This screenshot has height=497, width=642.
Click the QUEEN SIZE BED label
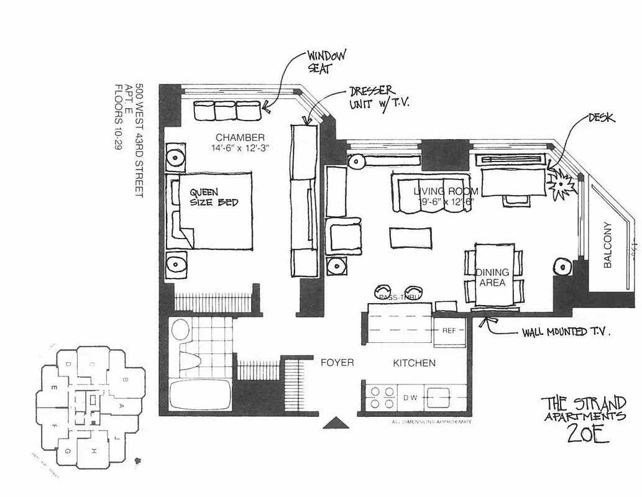(x=214, y=198)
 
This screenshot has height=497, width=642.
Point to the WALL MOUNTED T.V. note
(x=566, y=332)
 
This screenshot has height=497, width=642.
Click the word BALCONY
(x=608, y=245)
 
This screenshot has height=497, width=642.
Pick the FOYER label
(x=337, y=362)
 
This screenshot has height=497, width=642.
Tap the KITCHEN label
(x=414, y=363)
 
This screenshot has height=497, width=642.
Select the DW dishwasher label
(x=410, y=397)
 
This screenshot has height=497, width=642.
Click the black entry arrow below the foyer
(x=337, y=423)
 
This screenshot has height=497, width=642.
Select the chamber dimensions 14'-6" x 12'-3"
(x=241, y=148)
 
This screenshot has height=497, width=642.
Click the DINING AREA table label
(x=492, y=277)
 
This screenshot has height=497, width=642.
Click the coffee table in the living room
(x=410, y=237)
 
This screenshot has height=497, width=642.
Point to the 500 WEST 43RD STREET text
(x=139, y=140)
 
